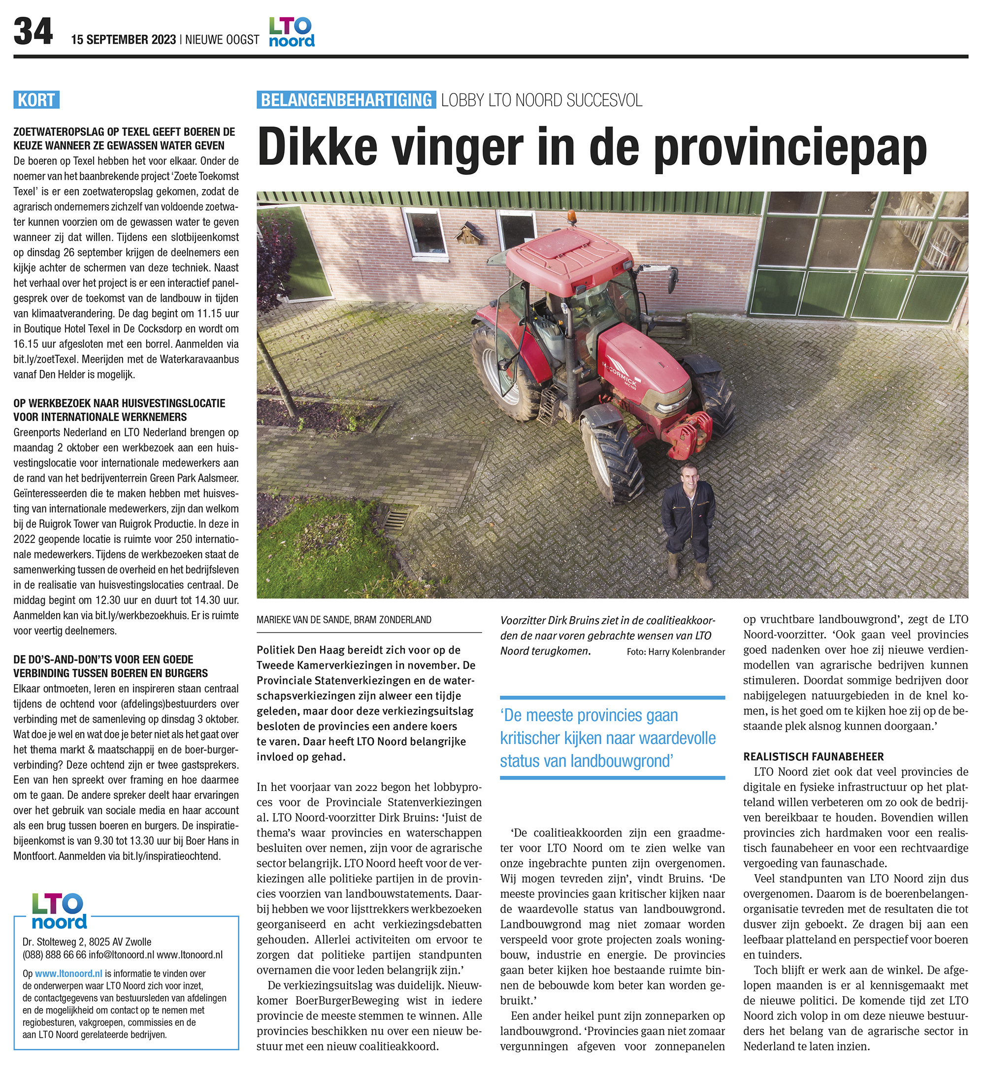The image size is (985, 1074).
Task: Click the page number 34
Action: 33,32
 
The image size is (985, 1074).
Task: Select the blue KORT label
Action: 36,99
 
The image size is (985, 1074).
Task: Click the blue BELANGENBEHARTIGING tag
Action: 346,99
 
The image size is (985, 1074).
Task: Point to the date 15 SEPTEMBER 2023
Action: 124,40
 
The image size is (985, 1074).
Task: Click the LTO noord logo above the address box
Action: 59,912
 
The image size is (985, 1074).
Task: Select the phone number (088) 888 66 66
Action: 54,955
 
